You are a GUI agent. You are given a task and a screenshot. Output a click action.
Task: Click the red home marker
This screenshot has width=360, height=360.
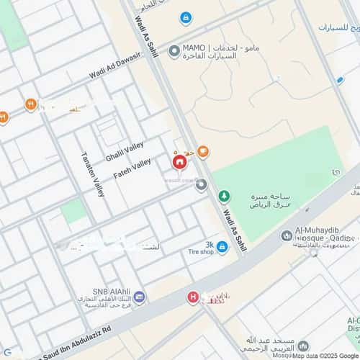[x=178, y=163]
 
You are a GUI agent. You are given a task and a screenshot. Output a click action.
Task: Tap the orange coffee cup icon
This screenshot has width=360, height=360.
[x=203, y=151]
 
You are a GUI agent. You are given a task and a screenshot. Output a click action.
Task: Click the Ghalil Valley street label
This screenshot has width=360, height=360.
[x=125, y=152]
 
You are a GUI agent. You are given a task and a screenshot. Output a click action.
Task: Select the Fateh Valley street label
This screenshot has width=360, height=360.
[x=132, y=169]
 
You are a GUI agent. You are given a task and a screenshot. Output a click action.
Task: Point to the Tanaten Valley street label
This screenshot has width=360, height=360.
[x=92, y=174]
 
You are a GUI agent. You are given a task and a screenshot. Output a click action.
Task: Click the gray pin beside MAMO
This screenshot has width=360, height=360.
[x=174, y=52]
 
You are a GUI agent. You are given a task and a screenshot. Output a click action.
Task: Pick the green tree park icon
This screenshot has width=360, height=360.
[x=224, y=196]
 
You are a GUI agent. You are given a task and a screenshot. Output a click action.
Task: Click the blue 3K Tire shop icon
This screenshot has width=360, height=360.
[x=222, y=248]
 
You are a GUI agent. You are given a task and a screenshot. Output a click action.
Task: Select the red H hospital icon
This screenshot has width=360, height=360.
[x=192, y=297]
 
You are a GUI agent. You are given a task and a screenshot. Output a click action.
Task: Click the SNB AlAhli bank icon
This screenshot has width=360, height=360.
[x=139, y=297]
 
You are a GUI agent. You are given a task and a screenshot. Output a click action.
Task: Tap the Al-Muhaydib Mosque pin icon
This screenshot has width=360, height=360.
[x=287, y=235]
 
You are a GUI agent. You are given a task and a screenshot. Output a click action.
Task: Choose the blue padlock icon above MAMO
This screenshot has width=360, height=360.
[x=186, y=17]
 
